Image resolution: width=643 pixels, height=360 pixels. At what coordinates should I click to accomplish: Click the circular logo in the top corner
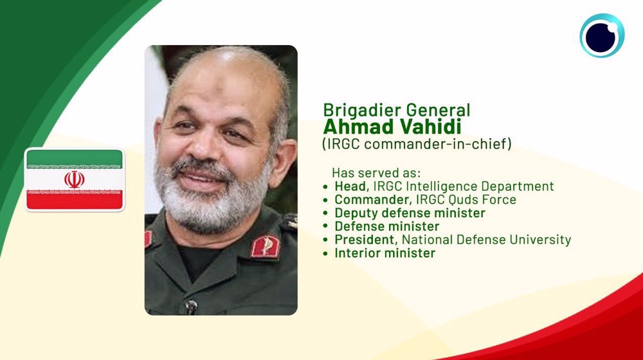tap(602, 35)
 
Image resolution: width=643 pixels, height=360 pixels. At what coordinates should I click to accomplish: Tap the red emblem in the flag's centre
tap(74, 179)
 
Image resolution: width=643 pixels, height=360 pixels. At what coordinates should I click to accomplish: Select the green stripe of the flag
tap(74, 158)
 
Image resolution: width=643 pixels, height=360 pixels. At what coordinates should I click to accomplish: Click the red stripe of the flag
tap(74, 201)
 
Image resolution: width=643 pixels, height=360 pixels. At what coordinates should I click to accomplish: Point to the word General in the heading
tap(438, 111)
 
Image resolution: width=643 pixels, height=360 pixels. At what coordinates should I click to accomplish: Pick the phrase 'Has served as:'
tap(376, 173)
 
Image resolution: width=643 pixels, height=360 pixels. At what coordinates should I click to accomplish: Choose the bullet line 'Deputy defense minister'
tap(410, 213)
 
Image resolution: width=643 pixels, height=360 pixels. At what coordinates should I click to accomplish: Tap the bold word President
tap(366, 239)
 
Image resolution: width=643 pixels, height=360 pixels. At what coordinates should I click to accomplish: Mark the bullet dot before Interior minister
tap(325, 253)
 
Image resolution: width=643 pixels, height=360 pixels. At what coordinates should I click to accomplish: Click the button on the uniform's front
tap(191, 306)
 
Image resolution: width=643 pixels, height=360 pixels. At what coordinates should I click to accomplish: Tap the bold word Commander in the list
tap(373, 200)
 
